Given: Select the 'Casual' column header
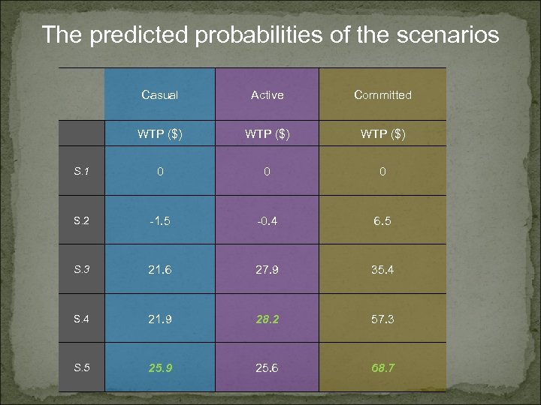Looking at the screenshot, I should point(159,95).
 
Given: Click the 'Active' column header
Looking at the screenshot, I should point(267,95).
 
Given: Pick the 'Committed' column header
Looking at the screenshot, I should point(382,95).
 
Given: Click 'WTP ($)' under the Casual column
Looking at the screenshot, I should point(159,134).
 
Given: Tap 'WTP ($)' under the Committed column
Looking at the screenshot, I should point(382,134).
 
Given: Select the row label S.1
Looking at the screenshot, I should point(81,171).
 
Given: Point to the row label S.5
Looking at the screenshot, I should point(81,367).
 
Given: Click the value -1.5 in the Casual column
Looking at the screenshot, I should point(159,221).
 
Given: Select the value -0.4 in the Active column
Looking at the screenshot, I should point(267,221).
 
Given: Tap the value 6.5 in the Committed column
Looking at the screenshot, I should point(382,221).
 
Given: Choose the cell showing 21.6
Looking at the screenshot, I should point(159,270).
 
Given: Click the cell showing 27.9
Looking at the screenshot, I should point(267,270).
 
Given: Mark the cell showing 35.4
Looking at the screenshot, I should point(382,270).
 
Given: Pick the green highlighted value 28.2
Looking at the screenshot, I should point(267,319).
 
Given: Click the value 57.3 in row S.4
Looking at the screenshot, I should point(382,319).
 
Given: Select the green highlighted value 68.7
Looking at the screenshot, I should point(382,368).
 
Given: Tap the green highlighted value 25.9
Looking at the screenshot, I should point(159,368).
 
